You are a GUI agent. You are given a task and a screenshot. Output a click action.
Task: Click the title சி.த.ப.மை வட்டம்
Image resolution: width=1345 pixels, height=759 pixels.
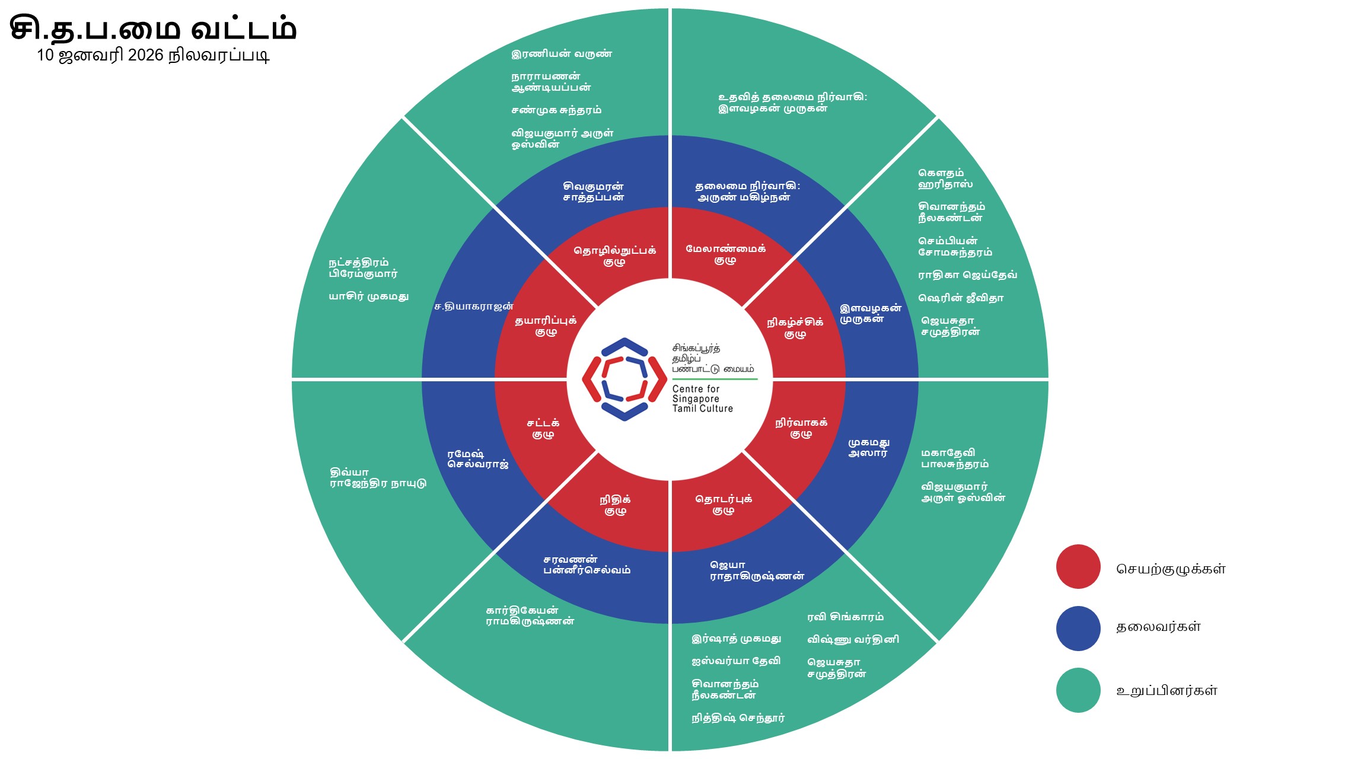[x=153, y=28]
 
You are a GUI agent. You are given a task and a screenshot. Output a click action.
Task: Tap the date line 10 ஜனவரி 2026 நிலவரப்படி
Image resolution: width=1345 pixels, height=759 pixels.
[x=153, y=55]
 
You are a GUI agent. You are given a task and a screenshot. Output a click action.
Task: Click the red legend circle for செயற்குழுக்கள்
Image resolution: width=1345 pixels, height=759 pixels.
[x=1078, y=567]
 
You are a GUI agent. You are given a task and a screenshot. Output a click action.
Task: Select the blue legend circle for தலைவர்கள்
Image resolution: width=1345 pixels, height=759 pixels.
[x=1078, y=628]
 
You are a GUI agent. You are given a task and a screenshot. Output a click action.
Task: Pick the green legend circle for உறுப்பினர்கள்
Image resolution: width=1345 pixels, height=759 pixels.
[x=1078, y=690]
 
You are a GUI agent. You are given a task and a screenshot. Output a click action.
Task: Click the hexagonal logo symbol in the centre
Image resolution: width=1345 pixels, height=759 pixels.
[x=624, y=379]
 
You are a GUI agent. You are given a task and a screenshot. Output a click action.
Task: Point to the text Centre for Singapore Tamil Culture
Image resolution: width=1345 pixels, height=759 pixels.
[x=702, y=398]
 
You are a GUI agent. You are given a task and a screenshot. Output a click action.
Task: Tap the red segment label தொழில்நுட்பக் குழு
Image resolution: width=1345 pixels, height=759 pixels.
[x=614, y=256]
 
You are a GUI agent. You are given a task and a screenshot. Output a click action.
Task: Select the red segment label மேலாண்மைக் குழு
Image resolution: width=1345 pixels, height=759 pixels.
[x=725, y=254]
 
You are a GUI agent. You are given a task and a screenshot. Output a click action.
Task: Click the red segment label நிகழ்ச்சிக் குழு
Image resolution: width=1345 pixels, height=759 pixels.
[x=795, y=328]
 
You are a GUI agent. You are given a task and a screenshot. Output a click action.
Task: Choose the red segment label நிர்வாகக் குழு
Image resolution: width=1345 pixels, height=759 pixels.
[x=801, y=428]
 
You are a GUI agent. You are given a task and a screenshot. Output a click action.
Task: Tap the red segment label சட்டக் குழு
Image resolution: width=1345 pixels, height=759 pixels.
[x=543, y=429]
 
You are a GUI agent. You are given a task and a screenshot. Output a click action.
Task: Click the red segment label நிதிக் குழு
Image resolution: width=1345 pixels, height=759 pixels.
[x=615, y=505]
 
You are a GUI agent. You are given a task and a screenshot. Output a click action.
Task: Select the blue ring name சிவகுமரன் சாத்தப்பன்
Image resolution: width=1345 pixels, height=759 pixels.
[x=593, y=192]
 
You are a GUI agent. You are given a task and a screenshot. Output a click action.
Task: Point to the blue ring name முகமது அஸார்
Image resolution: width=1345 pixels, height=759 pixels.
[x=868, y=448]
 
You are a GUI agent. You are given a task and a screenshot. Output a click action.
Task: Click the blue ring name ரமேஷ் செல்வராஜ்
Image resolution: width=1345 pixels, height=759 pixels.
[x=478, y=459]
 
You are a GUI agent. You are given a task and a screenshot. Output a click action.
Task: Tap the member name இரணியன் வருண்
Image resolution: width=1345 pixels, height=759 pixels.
[x=561, y=54]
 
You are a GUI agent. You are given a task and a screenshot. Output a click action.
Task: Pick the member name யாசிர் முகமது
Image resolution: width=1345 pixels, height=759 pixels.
[x=369, y=296]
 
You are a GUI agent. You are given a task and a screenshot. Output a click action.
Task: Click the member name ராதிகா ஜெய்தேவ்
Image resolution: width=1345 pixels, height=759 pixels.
[x=967, y=275]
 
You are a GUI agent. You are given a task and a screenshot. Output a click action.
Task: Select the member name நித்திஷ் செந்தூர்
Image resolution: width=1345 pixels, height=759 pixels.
[x=738, y=718]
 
